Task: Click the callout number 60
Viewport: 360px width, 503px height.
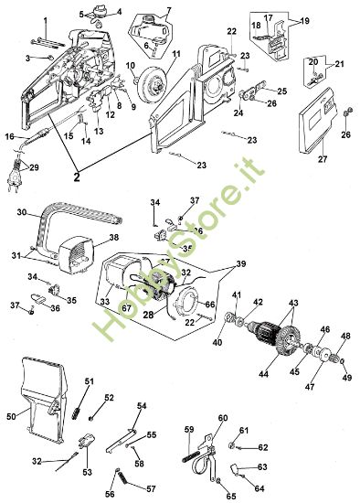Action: (x=222, y=418)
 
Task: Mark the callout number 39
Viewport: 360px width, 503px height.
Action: (x=240, y=264)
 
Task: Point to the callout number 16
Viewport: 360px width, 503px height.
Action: (x=10, y=136)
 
